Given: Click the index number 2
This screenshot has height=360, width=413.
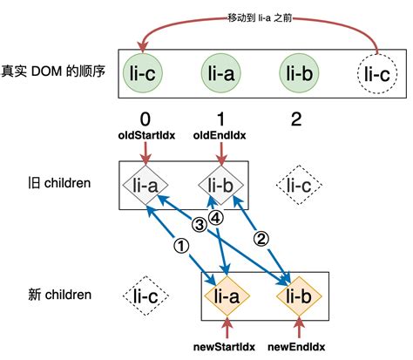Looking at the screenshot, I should pos(296,120).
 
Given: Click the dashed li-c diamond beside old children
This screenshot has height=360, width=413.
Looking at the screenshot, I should pos(297,185).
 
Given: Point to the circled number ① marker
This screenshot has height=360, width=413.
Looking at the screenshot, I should pos(180,247).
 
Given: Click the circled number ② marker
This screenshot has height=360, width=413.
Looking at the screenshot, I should pos(259,235).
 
